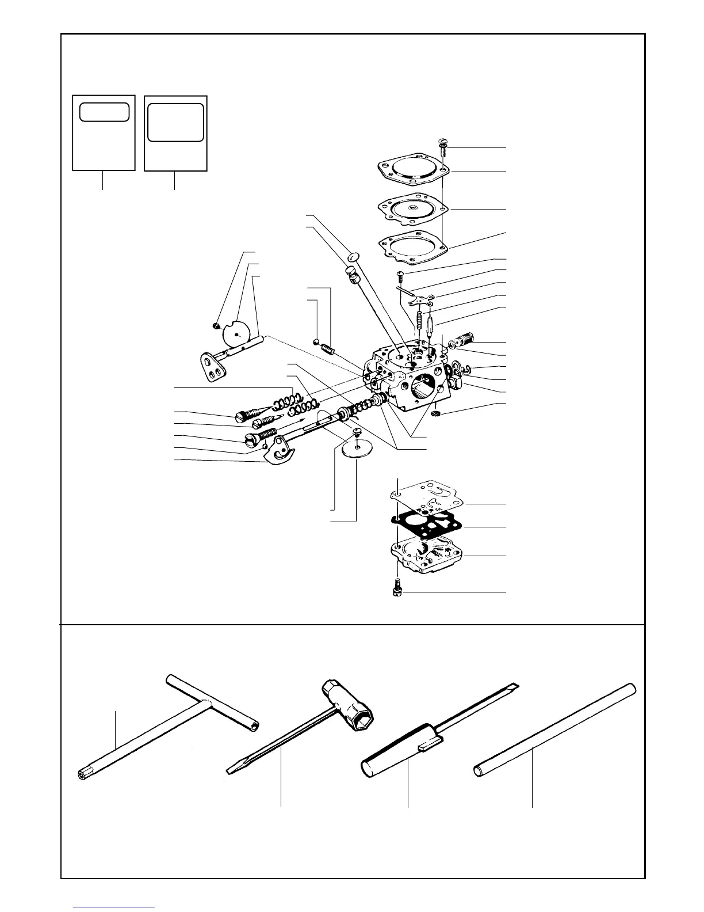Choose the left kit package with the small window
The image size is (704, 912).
point(104,133)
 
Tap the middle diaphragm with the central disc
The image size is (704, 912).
point(412,208)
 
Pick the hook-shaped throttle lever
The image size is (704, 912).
point(281,452)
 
